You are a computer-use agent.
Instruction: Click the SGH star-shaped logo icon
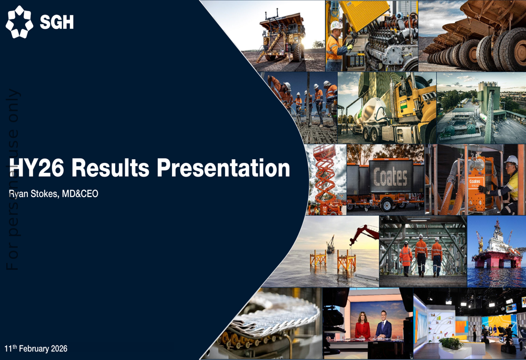pyautogui.click(x=19, y=22)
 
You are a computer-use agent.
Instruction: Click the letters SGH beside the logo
pyautogui.click(x=57, y=23)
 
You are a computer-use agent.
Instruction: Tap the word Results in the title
pyautogui.click(x=110, y=168)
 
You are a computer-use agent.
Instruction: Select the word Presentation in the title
pyautogui.click(x=224, y=168)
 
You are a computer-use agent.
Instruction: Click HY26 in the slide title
pyautogui.click(x=37, y=168)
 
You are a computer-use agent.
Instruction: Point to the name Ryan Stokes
pyautogui.click(x=33, y=194)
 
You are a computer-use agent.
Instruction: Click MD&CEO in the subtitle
pyautogui.click(x=80, y=194)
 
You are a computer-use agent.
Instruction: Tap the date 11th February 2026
pyautogui.click(x=36, y=348)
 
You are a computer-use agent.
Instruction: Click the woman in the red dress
pyautogui.click(x=362, y=325)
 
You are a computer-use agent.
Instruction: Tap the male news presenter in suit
pyautogui.click(x=383, y=325)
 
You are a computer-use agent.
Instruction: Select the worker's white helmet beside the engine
pyautogui.click(x=336, y=25)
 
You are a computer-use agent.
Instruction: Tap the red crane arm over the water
pyautogui.click(x=364, y=233)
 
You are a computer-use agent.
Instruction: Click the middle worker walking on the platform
pyautogui.click(x=421, y=255)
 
